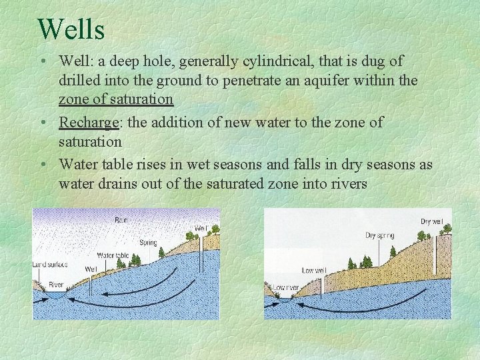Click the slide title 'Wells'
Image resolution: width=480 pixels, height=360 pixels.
(x=71, y=29)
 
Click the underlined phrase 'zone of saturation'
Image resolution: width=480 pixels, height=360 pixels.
(x=116, y=100)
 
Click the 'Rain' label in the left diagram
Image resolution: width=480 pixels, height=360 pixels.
(x=121, y=219)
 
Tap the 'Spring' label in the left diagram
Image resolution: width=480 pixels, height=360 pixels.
(x=148, y=243)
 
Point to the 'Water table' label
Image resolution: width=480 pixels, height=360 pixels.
(x=113, y=255)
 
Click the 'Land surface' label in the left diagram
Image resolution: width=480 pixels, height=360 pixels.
(x=50, y=265)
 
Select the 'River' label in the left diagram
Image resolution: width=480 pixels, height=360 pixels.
(x=56, y=285)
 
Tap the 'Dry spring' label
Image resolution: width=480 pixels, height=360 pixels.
(x=379, y=235)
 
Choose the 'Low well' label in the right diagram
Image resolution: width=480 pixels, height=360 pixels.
(x=313, y=271)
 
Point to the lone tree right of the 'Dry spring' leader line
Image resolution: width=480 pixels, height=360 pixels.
(x=393, y=251)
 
